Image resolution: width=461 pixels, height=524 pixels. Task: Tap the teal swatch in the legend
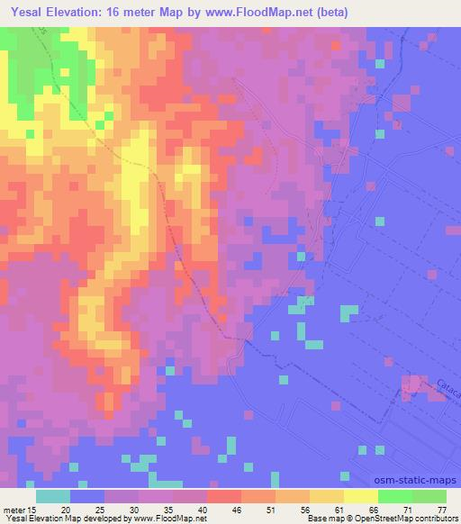coord(53,495)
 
